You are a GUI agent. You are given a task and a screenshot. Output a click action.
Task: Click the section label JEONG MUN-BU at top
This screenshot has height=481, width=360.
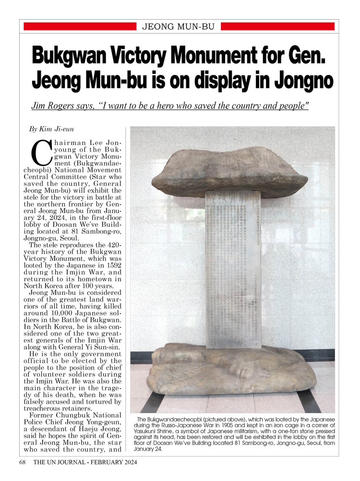[178, 26]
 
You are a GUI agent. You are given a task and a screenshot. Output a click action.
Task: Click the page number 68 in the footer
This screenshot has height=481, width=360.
[23, 462]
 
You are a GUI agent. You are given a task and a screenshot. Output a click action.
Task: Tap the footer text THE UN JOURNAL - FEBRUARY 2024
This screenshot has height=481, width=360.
[85, 462]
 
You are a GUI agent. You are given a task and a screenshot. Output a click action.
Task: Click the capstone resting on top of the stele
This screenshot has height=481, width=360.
[229, 171]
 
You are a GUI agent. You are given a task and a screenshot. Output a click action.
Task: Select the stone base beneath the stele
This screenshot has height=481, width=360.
[233, 370]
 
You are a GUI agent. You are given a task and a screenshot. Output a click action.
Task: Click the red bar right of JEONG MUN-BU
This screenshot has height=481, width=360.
[277, 26]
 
